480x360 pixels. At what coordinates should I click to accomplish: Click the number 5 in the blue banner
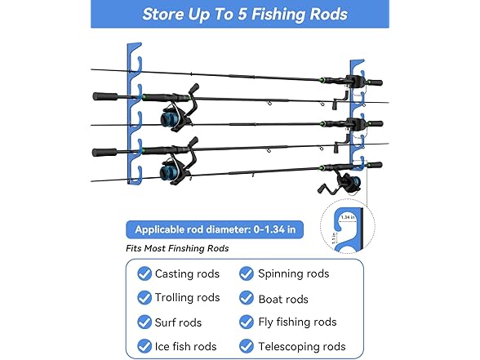(x=242, y=15)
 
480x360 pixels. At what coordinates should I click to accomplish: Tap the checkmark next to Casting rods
(x=144, y=273)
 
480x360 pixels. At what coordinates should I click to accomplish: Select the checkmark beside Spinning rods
(x=247, y=273)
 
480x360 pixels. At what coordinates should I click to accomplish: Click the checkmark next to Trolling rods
(x=144, y=297)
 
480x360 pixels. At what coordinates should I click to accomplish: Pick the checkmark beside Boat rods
(x=247, y=297)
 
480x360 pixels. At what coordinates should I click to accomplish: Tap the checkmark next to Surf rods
(x=144, y=322)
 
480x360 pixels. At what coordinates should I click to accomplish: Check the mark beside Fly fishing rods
(x=247, y=322)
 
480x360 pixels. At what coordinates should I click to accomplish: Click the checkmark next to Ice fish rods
(x=144, y=346)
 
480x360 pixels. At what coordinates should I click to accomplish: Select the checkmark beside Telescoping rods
(x=247, y=346)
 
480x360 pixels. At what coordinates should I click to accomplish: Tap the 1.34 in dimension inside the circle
(x=348, y=217)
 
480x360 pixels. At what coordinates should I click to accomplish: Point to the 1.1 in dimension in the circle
(x=334, y=238)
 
